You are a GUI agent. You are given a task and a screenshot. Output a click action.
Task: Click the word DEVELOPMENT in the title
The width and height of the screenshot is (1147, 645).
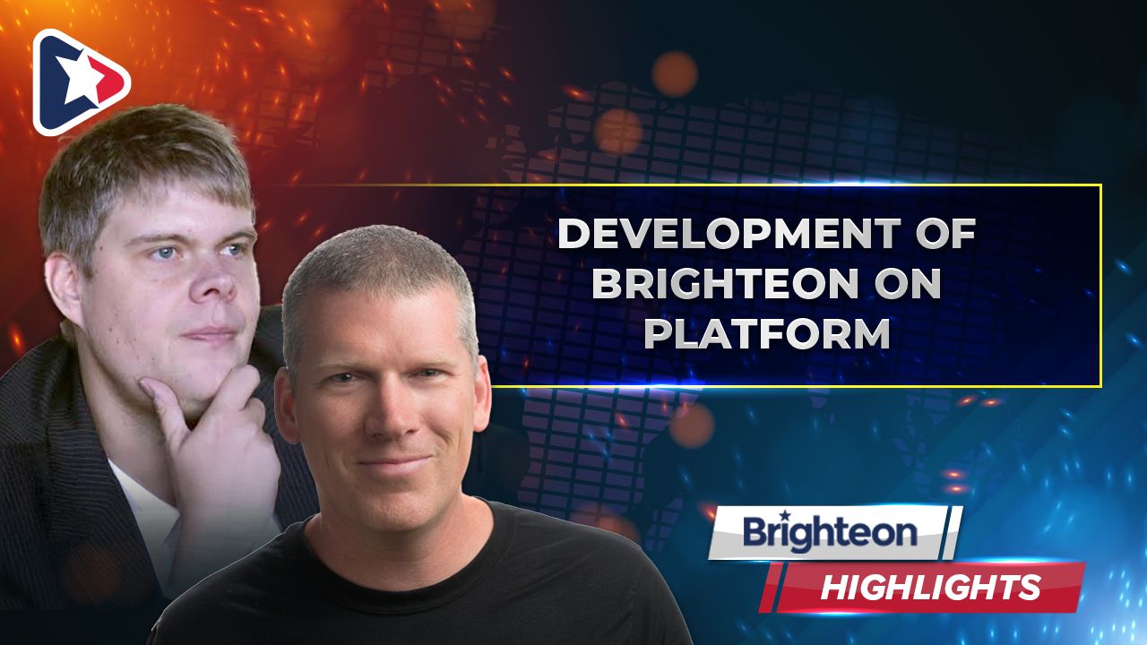[x=729, y=234]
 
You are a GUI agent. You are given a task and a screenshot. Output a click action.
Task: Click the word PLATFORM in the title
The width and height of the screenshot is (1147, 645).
[x=766, y=333]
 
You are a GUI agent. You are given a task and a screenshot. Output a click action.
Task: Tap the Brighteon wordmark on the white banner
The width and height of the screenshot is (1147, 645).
[x=830, y=532]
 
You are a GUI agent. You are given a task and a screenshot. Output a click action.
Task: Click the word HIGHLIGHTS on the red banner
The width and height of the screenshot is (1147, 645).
[x=930, y=587]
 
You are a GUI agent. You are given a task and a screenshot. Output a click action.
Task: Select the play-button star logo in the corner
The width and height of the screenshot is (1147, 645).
[x=81, y=82]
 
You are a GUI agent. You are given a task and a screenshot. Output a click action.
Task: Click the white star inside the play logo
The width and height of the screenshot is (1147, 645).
[x=78, y=78]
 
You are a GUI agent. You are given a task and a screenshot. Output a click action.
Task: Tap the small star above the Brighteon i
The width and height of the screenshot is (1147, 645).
[x=783, y=514]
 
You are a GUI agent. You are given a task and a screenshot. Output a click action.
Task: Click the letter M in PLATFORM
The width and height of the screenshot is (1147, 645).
[x=869, y=333]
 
